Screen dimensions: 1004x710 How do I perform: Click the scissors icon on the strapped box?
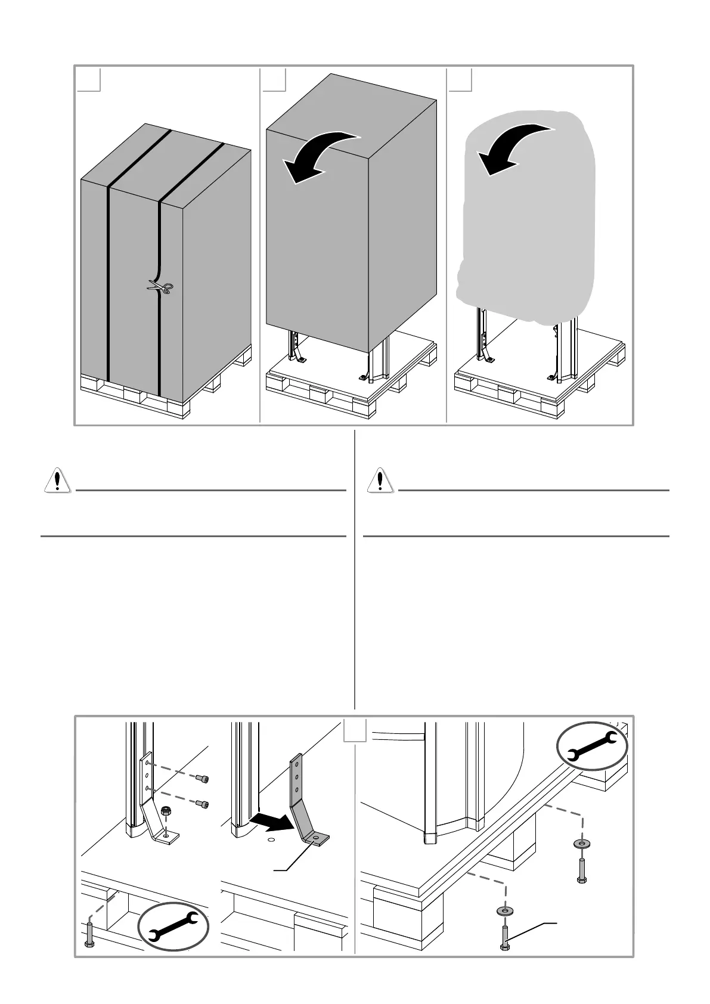[x=160, y=288]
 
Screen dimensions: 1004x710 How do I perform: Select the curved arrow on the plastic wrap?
[x=511, y=148]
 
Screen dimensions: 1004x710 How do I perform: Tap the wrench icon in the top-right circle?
[x=591, y=746]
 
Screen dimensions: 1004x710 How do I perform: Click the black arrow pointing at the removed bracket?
[x=271, y=823]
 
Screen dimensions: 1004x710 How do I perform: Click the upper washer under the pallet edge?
[x=579, y=844]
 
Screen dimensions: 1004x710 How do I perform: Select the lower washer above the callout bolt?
[x=505, y=910]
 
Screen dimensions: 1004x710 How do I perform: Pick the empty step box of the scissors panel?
[x=89, y=80]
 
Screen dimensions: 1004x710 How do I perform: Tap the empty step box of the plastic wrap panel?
[x=460, y=80]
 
